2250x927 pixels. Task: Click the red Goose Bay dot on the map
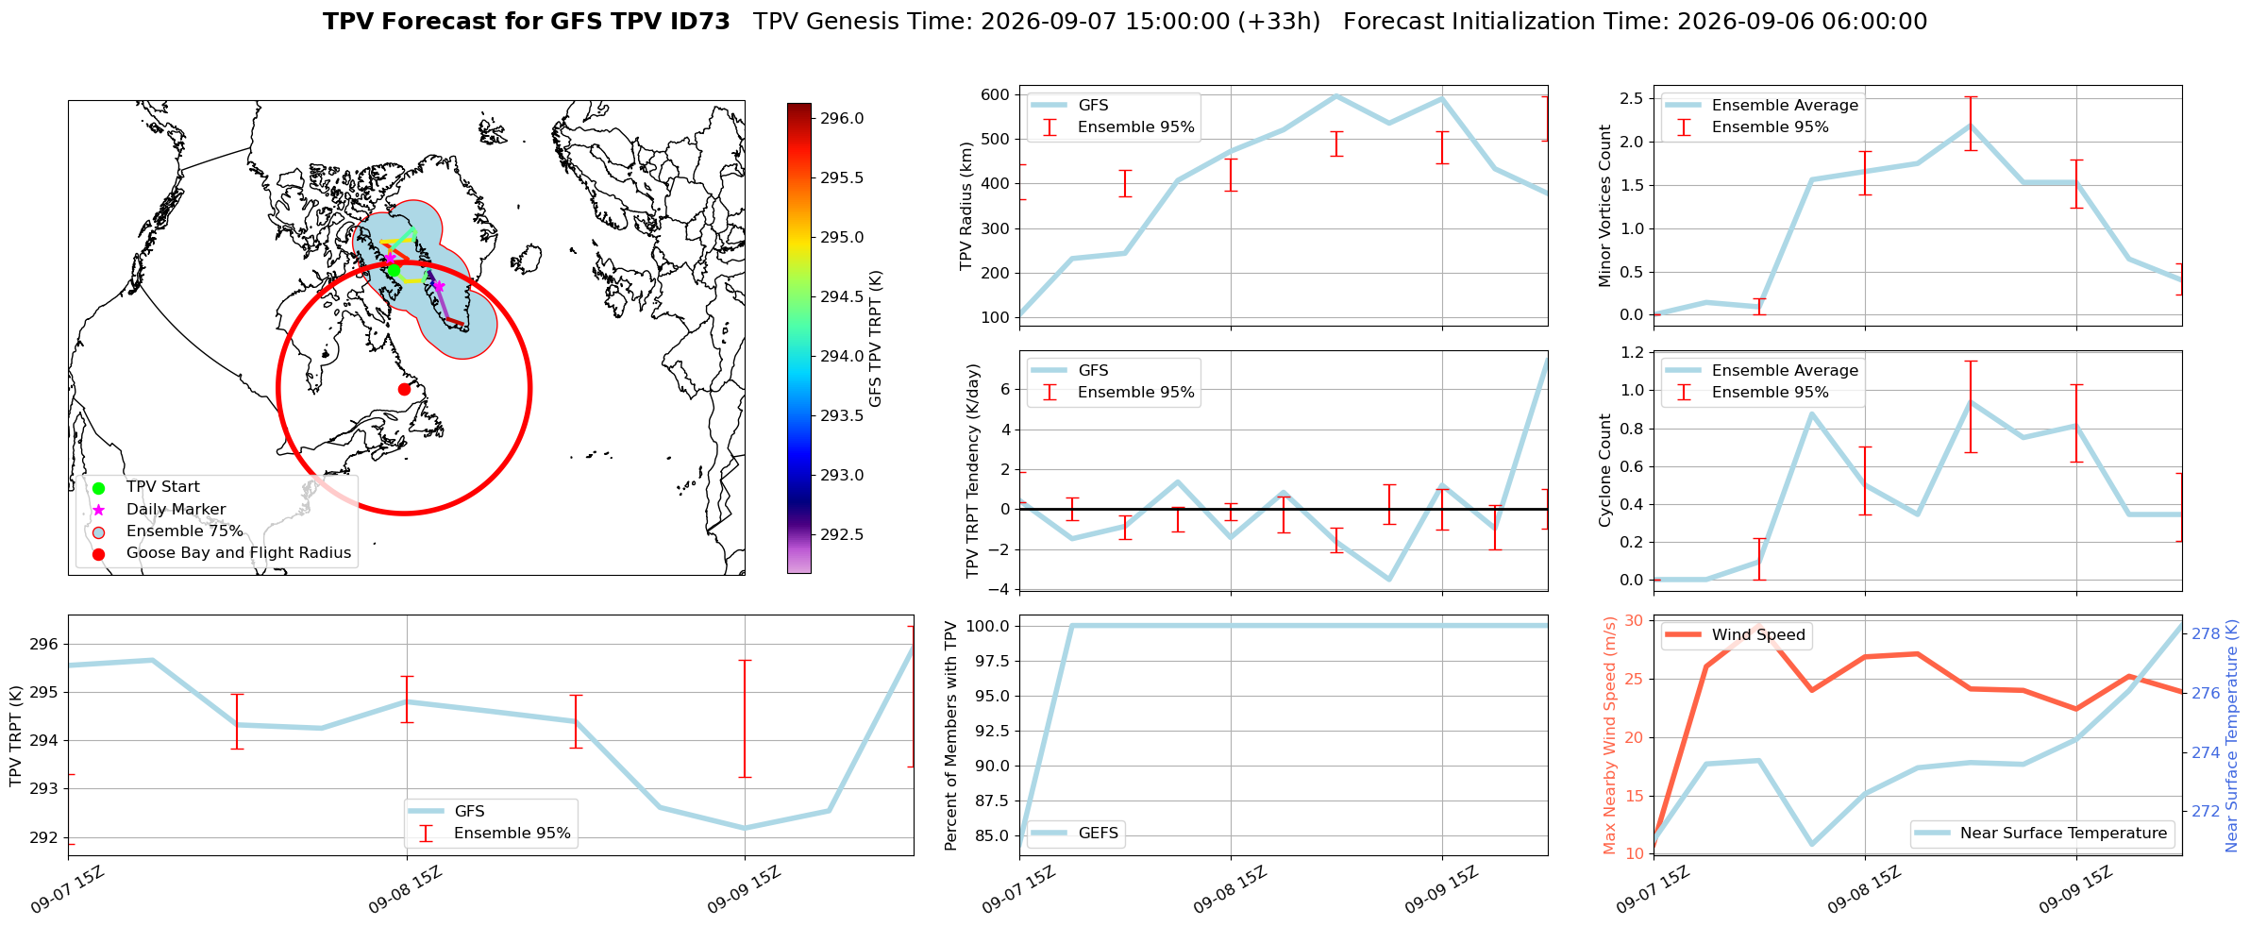pos(404,389)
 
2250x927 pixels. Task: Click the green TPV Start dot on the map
pos(394,270)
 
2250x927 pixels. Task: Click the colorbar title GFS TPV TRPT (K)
pos(876,339)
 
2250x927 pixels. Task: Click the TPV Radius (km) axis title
pos(965,206)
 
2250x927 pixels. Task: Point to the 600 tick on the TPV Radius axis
pos(996,94)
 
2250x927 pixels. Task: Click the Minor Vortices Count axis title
pos(1604,206)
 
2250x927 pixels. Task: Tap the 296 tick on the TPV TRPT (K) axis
pos(44,644)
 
